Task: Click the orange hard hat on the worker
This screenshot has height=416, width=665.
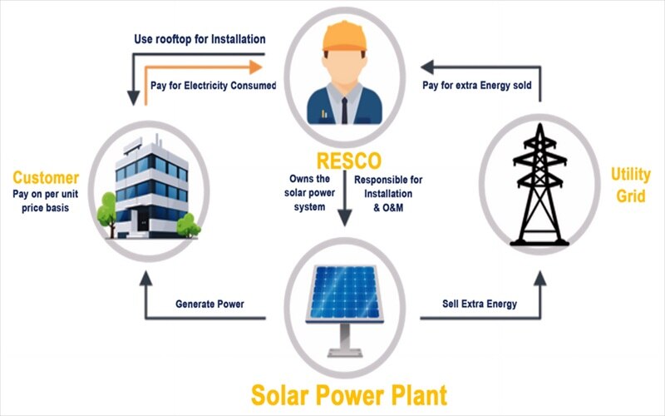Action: click(344, 37)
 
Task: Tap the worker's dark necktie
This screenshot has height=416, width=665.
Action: click(344, 111)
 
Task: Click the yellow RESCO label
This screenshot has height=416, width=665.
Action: click(348, 161)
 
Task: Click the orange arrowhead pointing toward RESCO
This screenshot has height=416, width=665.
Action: click(256, 67)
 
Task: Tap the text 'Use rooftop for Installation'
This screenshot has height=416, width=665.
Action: click(199, 39)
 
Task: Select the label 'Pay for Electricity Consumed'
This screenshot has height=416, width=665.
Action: click(214, 86)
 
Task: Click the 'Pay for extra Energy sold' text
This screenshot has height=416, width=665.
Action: click(476, 86)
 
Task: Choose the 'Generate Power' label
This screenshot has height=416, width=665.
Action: click(209, 304)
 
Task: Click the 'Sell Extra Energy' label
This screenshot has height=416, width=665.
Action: click(480, 304)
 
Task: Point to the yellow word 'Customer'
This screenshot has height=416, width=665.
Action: click(46, 177)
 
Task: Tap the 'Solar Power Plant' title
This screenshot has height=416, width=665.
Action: click(349, 395)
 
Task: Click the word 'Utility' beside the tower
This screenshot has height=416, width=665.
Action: click(631, 175)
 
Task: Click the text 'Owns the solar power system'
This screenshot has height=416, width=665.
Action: click(309, 193)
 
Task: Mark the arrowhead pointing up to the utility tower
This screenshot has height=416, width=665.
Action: click(539, 279)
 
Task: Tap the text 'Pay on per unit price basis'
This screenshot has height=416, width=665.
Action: click(46, 201)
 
